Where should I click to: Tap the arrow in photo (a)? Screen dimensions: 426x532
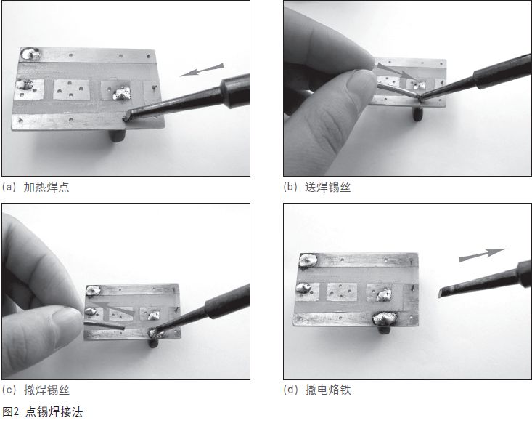point(201,71)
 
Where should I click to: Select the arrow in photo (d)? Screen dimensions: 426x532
point(482,254)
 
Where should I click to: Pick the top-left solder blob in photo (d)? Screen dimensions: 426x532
point(308,260)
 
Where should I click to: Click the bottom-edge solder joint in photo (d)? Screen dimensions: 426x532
point(385,318)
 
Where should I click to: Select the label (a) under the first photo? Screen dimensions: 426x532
point(10,188)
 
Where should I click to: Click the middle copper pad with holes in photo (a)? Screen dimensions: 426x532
point(70,89)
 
